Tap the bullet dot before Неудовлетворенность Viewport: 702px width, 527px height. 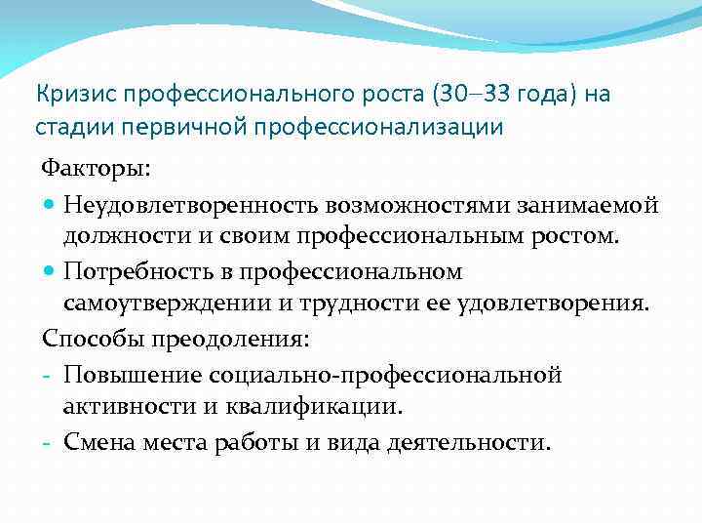49,206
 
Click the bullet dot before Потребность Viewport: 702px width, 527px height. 49,270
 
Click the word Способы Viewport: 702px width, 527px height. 90,338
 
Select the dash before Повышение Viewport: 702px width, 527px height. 48,376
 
